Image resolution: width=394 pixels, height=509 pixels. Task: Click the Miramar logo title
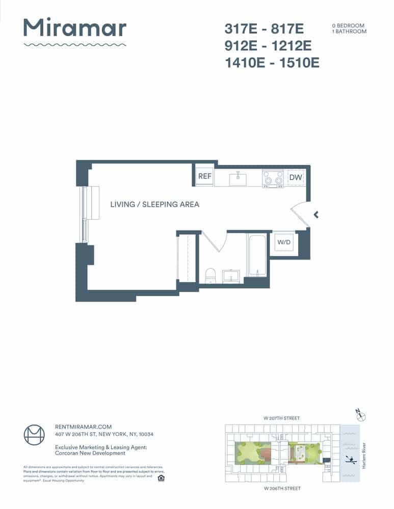click(x=75, y=28)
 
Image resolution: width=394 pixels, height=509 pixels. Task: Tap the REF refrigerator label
click(x=204, y=177)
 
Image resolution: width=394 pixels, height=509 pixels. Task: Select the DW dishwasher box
click(x=296, y=178)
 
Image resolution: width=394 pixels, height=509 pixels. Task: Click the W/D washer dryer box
click(x=283, y=243)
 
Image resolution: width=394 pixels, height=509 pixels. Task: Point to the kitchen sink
click(x=238, y=179)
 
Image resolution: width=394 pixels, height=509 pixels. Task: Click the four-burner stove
click(x=273, y=178)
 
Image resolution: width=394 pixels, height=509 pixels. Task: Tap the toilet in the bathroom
click(x=210, y=276)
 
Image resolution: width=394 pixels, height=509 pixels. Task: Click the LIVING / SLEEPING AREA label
click(x=154, y=204)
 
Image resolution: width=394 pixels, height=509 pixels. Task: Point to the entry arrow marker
click(x=317, y=215)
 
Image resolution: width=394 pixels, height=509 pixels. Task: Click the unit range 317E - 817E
click(x=264, y=29)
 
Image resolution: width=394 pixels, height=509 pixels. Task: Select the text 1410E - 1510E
click(x=272, y=63)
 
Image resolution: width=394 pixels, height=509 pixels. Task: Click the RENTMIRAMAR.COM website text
click(x=83, y=427)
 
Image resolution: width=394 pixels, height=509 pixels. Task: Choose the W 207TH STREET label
click(x=281, y=418)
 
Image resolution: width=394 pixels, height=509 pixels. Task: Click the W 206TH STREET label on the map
click(x=282, y=488)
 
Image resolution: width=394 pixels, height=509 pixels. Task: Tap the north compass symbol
click(x=362, y=416)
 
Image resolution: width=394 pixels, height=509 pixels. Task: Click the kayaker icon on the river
click(x=351, y=459)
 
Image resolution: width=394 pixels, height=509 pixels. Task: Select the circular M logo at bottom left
click(x=35, y=435)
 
